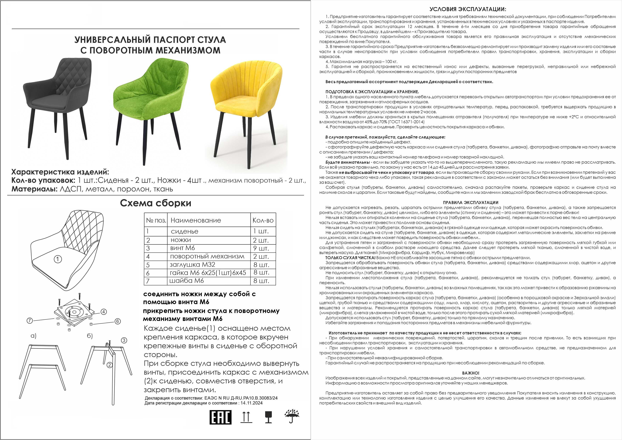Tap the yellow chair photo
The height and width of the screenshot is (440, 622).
[247, 100]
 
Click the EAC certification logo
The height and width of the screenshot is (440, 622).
[220, 417]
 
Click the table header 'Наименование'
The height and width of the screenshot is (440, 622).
[196, 220]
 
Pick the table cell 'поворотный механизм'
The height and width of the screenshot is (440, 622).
[207, 256]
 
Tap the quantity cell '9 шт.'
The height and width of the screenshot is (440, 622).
[261, 248]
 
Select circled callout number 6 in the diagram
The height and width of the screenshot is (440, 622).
[117, 321]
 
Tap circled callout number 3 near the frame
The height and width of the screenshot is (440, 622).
[124, 340]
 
